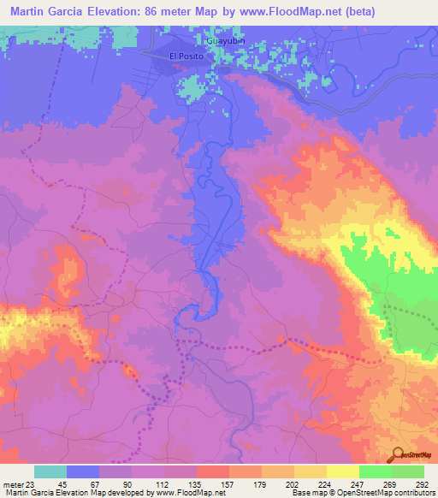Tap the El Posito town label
coord(184,56)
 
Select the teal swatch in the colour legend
coord(50,471)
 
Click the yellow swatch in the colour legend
coord(342,471)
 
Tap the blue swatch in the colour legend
coord(83,471)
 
